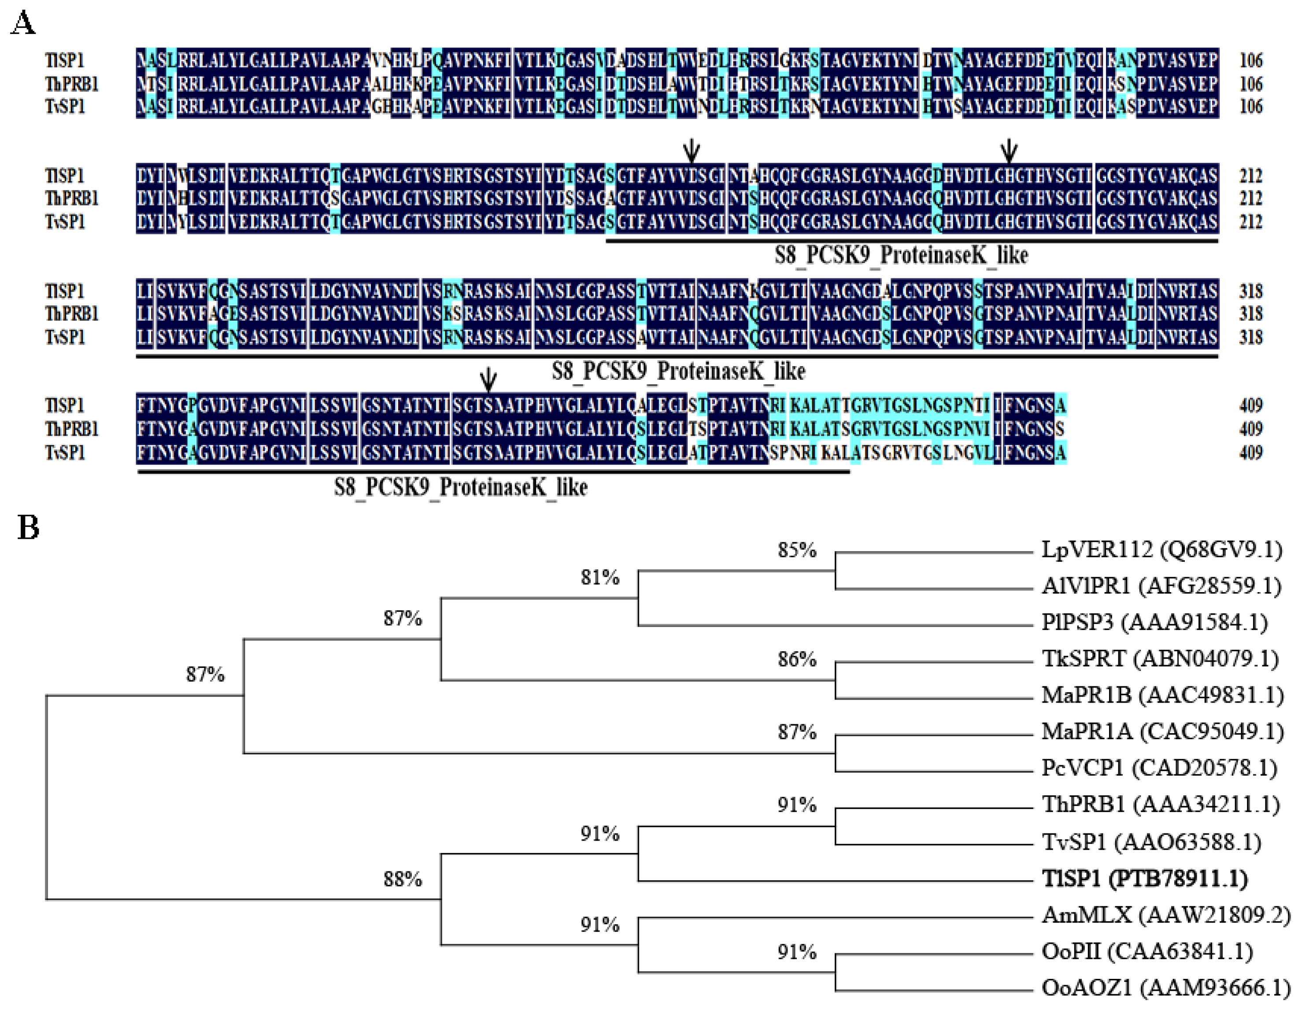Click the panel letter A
point(23,24)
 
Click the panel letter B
point(28,528)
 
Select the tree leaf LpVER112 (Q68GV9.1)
point(1161,549)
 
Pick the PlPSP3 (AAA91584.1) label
point(1154,622)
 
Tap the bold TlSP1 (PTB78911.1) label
point(1145,878)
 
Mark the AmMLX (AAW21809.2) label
point(1166,915)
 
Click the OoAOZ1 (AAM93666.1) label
point(1166,988)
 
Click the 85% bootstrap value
point(796,550)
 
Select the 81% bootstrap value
point(600,577)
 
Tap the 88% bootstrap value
point(403,879)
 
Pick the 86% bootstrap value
point(796,659)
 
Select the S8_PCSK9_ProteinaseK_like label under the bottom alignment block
point(460,488)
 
